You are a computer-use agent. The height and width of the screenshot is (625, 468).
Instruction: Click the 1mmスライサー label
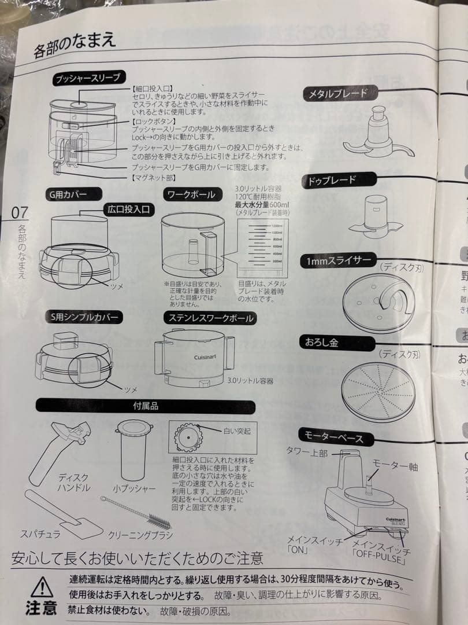coord(340,262)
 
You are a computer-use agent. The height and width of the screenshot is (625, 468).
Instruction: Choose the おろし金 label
coord(326,343)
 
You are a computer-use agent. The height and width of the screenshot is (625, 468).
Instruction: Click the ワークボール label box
coord(191,195)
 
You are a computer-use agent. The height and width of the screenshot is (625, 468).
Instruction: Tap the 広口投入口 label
coord(129,209)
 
